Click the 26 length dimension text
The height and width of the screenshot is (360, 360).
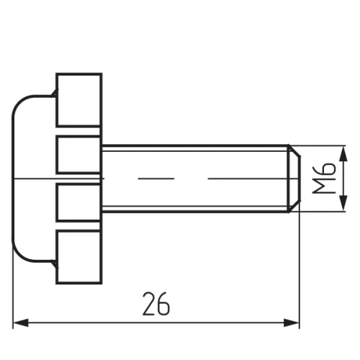pyautogui.click(x=156, y=304)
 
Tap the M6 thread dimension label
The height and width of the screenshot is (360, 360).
pyautogui.click(x=324, y=178)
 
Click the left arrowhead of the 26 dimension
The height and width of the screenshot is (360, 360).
pyautogui.click(x=21, y=323)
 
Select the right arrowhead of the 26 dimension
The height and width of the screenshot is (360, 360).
pyautogui.click(x=292, y=323)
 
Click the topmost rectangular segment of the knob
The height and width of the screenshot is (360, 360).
pyautogui.click(x=79, y=100)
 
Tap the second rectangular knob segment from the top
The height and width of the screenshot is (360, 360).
pyautogui.click(x=78, y=154)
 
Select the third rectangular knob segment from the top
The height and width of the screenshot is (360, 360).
pyautogui.click(x=78, y=202)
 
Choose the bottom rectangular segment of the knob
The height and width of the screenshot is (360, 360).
pyautogui.click(x=79, y=257)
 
